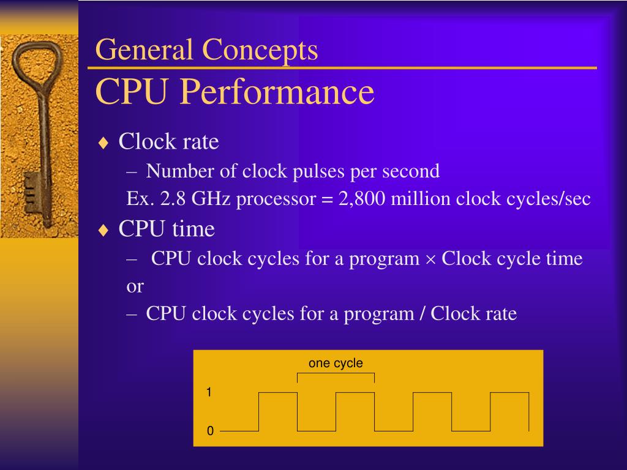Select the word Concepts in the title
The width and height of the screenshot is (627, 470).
coord(261,50)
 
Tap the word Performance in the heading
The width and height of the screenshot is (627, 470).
coord(277,92)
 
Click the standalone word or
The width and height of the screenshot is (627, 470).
coord(135,286)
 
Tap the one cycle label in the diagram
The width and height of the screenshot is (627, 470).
coord(336,363)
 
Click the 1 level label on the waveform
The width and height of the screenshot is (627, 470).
coord(209,392)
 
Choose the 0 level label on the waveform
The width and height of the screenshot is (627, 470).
coord(210,431)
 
